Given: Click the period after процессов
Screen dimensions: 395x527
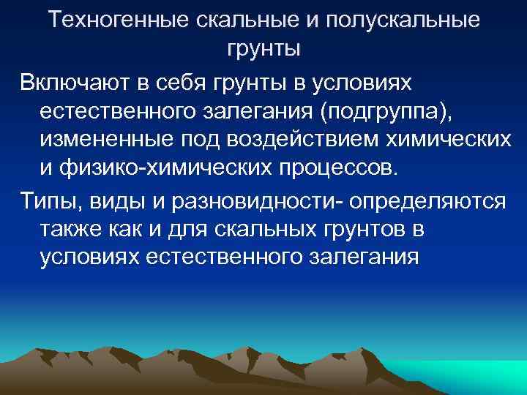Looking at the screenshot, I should (398, 173).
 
